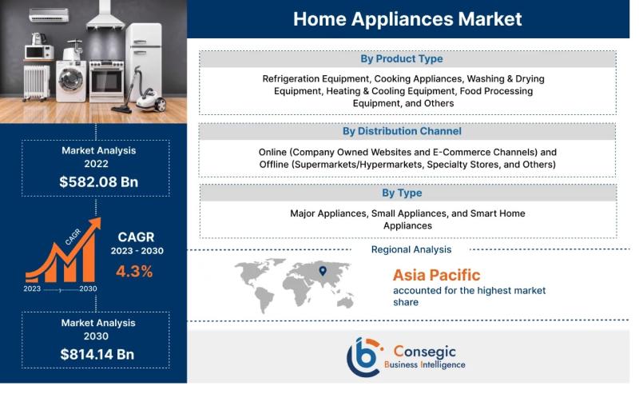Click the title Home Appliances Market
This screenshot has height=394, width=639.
[407, 19]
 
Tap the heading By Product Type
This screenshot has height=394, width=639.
[402, 58]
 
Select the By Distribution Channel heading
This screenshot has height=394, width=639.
[402, 131]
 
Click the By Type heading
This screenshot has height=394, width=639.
[402, 193]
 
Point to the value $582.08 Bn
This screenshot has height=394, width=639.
[98, 181]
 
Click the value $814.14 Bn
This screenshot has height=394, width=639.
[97, 354]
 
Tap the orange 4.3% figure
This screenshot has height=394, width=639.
[134, 271]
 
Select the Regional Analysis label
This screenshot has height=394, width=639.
[411, 249]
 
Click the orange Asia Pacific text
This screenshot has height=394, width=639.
[436, 275]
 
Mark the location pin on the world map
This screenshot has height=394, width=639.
[323, 270]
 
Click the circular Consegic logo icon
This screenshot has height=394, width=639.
[365, 356]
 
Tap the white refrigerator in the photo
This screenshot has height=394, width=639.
[144, 62]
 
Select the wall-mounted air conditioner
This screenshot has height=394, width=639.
[49, 15]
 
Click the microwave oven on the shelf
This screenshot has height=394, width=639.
[39, 52]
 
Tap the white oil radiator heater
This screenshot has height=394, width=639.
[36, 82]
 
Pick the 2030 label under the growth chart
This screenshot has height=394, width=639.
[88, 289]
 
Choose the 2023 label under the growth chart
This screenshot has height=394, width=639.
[32, 289]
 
